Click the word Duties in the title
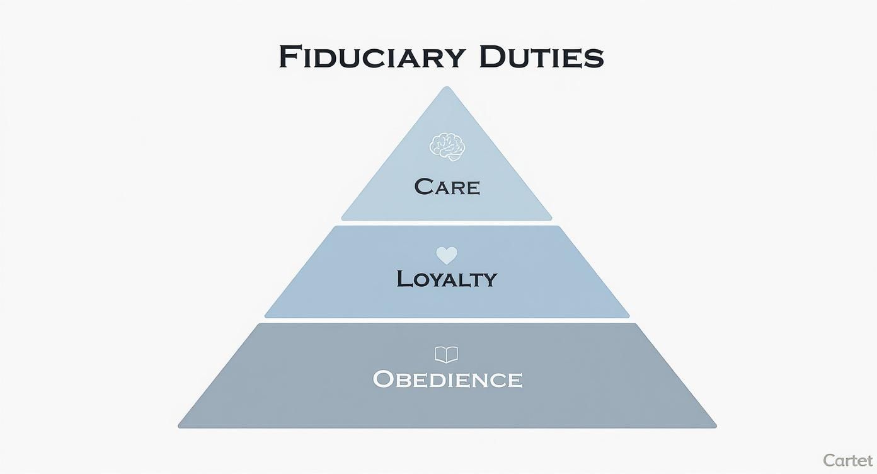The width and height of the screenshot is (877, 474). (x=541, y=57)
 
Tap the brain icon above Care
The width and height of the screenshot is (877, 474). (x=447, y=145)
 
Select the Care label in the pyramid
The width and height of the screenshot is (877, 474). (x=447, y=187)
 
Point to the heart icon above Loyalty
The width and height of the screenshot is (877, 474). (x=447, y=255)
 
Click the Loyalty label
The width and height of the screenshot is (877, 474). (x=447, y=279)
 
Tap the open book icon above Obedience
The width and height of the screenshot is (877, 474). (x=447, y=354)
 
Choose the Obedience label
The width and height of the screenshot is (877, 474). (x=447, y=379)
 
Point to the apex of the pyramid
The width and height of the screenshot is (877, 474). (x=447, y=89)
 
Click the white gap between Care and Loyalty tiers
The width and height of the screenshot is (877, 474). (x=447, y=223)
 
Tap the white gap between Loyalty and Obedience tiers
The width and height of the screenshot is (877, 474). (x=447, y=321)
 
